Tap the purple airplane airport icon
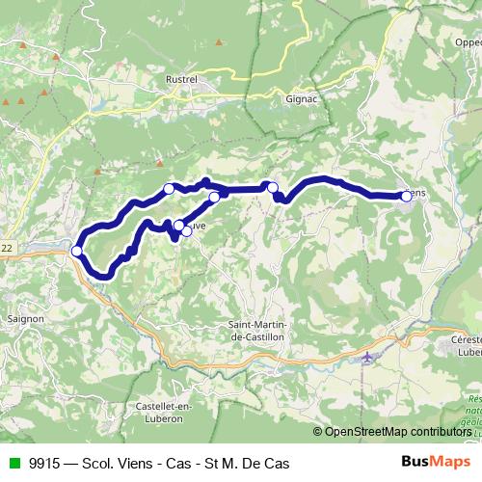tap(367, 358)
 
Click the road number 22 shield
tap(7, 249)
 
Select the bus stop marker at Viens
tap(406, 196)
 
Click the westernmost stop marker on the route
tap(77, 252)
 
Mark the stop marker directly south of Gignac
tap(273, 188)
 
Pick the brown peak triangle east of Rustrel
tap(220, 42)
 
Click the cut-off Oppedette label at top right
tap(463, 41)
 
